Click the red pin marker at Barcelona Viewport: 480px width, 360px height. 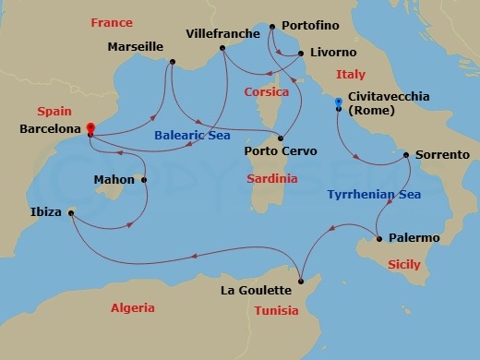click(90, 129)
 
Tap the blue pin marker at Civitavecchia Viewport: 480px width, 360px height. click(339, 102)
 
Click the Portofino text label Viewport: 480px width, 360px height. click(307, 25)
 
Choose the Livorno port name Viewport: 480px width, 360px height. click(334, 53)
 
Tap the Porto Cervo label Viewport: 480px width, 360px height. click(280, 150)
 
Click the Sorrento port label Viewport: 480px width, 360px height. click(442, 154)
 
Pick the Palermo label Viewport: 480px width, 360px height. click(413, 237)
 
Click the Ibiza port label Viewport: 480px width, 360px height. click(45, 212)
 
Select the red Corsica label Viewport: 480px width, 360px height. click(267, 92)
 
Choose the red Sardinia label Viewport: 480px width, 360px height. click(272, 178)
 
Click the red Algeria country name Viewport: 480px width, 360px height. click(133, 307)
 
